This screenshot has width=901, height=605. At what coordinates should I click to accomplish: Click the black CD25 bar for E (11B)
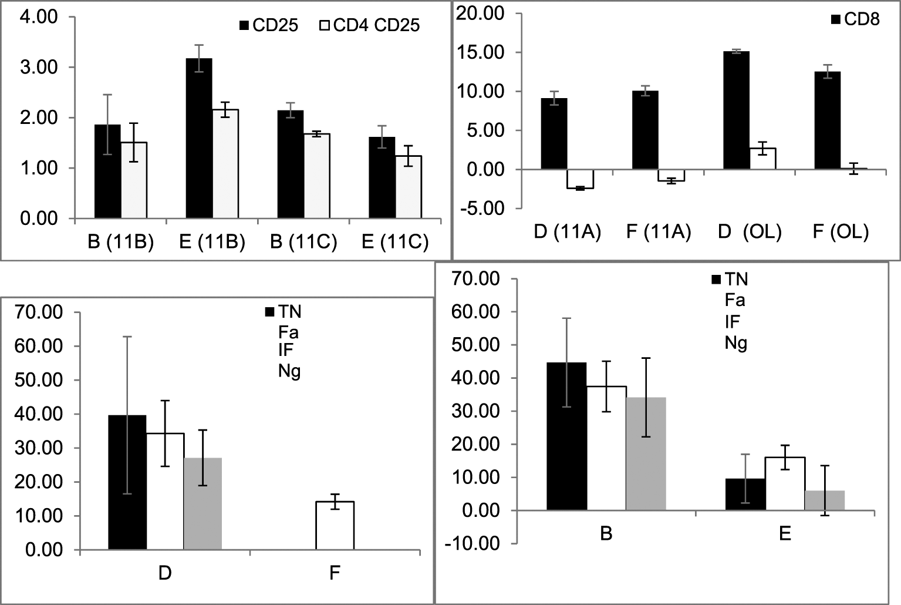[199, 139]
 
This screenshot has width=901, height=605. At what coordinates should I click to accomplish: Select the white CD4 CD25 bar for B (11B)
[134, 180]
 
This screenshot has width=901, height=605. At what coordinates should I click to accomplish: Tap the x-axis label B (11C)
[303, 242]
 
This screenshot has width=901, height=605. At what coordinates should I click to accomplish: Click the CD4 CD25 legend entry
[370, 26]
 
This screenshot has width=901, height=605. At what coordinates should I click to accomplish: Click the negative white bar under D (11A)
[580, 179]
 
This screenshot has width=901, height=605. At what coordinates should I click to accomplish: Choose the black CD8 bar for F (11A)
[645, 130]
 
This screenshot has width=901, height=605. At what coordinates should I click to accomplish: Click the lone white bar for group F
[335, 526]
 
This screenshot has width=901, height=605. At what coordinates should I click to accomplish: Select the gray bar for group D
[203, 504]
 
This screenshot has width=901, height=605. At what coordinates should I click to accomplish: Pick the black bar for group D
[127, 482]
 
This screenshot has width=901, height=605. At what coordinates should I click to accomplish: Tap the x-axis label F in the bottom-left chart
[335, 573]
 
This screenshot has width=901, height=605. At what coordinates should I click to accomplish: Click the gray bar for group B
[646, 454]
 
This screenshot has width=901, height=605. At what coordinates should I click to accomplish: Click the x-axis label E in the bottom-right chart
[785, 534]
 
